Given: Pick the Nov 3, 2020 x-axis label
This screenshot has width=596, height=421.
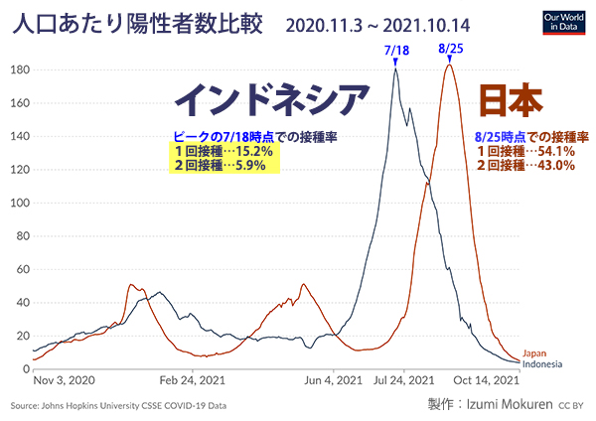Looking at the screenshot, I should tap(65, 380).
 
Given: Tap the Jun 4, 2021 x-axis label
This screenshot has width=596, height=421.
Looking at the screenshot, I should tap(332, 380).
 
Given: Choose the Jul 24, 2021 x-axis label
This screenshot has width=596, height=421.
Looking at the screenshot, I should tap(403, 380).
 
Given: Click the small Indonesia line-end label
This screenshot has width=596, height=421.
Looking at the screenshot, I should tap(542, 363).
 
